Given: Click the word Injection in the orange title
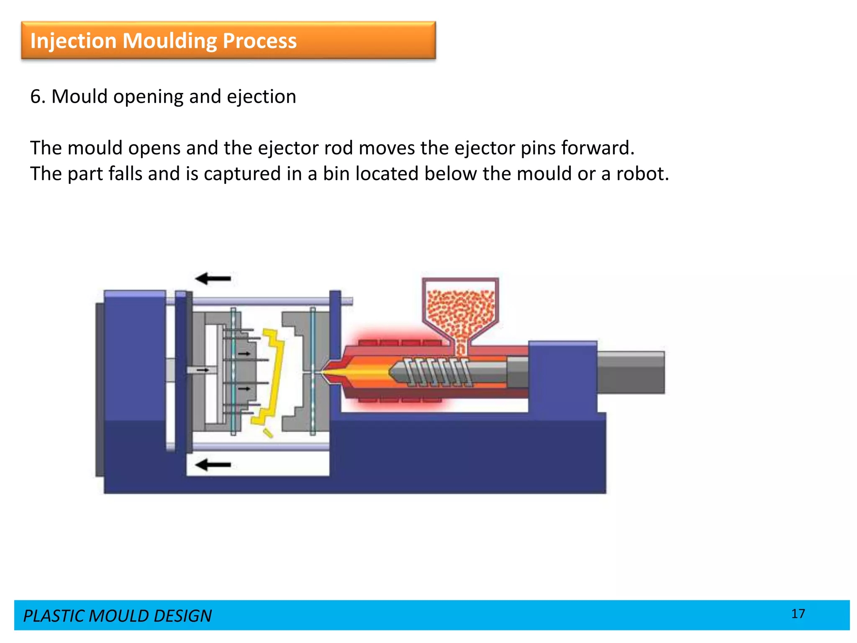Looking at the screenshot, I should (x=73, y=41).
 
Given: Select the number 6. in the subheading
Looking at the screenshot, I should (x=38, y=97).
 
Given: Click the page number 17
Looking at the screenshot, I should (x=798, y=614).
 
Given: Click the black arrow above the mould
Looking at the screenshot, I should (x=213, y=278).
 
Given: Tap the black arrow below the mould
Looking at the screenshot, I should (x=213, y=465).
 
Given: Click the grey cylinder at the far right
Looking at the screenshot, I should (x=631, y=372).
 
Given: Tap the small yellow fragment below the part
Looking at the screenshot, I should (x=268, y=433).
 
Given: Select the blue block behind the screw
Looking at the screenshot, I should (x=562, y=377).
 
